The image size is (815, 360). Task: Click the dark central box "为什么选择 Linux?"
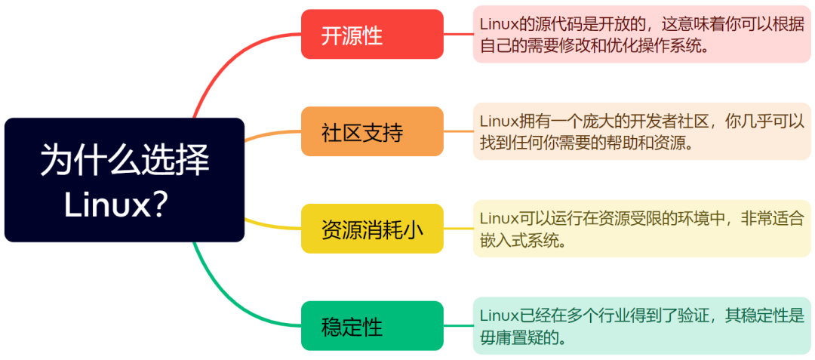pyautogui.click(x=124, y=180)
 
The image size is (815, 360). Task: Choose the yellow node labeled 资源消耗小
pyautogui.click(x=372, y=229)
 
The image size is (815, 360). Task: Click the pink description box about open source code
pyautogui.click(x=641, y=34)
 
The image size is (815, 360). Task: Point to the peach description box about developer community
pyautogui.click(x=641, y=131)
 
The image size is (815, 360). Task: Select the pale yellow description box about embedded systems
pyautogui.click(x=641, y=229)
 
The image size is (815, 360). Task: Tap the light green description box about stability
pyautogui.click(x=641, y=326)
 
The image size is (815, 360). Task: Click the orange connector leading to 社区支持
pyautogui.click(x=272, y=134)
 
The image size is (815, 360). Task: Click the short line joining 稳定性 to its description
pyautogui.click(x=458, y=326)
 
